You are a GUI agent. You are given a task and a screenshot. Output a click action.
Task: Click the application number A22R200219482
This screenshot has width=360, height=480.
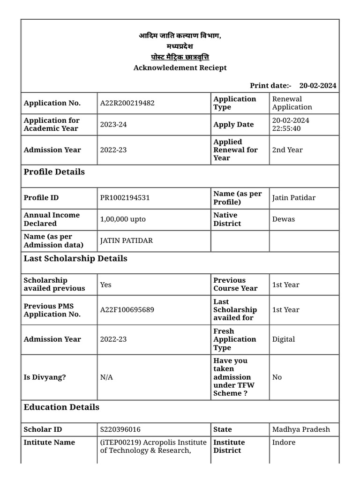[127, 103]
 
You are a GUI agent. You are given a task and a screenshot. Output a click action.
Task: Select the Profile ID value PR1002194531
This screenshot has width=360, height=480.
[125, 198]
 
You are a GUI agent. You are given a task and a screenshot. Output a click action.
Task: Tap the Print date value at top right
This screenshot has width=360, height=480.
[317, 85]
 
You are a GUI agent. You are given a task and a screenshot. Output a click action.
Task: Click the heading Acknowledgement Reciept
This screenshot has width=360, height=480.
[180, 68]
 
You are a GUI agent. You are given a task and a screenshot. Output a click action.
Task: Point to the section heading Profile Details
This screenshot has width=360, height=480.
[54, 172]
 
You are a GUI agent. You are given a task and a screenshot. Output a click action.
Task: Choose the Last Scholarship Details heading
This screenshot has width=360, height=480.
[75, 259]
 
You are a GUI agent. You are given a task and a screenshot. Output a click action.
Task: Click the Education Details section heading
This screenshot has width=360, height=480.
[61, 407]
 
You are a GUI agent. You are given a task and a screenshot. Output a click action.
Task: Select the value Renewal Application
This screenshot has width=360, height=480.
[292, 103]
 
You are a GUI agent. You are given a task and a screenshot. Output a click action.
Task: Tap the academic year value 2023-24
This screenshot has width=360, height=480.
[113, 125]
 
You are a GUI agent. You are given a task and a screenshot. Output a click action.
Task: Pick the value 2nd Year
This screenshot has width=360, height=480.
[287, 150]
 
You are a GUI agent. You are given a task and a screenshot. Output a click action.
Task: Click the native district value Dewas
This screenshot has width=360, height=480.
[284, 219]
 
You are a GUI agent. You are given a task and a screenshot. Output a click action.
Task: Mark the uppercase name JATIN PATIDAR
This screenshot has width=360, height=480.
[127, 241]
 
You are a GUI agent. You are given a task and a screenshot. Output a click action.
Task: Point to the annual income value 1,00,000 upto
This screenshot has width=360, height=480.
[123, 219]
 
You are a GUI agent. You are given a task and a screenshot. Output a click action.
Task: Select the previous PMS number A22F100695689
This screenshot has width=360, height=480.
[127, 310]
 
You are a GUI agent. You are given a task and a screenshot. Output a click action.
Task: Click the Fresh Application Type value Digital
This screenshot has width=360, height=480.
[284, 339]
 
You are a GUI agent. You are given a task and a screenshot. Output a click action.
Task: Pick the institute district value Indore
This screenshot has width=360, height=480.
[284, 442]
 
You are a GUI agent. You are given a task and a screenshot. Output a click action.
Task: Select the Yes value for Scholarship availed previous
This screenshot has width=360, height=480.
[106, 285]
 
